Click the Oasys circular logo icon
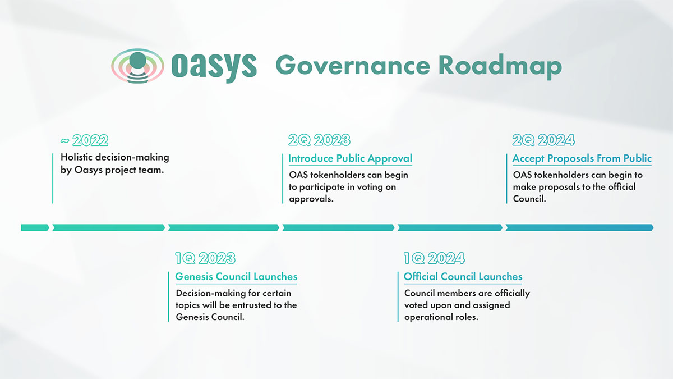(x=137, y=66)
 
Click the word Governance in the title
(x=353, y=65)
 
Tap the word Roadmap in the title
(x=500, y=67)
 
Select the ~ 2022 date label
(x=84, y=140)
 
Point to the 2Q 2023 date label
(x=319, y=140)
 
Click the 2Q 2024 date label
(x=543, y=140)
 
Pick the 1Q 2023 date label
(x=205, y=258)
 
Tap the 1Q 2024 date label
(x=434, y=258)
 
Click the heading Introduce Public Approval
(x=351, y=158)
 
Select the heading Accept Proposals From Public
(x=582, y=158)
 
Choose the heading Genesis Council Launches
(x=236, y=277)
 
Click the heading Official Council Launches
(x=463, y=277)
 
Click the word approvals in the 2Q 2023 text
(x=311, y=199)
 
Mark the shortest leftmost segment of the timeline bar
(x=35, y=228)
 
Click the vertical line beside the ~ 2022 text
(x=53, y=179)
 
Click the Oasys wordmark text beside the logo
(x=214, y=67)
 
